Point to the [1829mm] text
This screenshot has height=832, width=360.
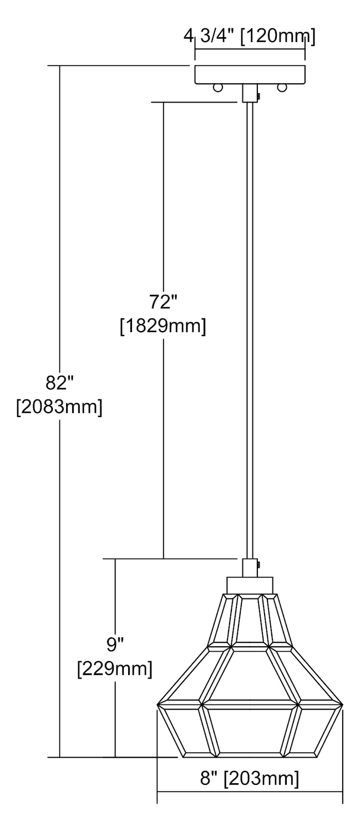163,327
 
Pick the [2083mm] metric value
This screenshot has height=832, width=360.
59,407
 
